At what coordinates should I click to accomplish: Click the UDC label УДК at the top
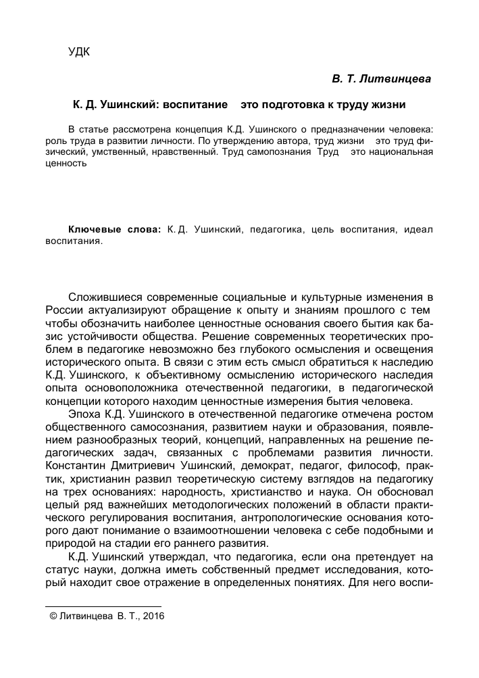[x=80, y=52]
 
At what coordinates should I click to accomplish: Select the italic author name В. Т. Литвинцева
[x=381, y=80]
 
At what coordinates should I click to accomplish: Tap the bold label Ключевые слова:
[x=115, y=230]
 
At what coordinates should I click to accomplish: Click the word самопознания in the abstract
[x=280, y=153]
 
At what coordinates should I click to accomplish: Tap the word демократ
[x=272, y=464]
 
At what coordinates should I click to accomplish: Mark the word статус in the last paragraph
[x=61, y=567]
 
